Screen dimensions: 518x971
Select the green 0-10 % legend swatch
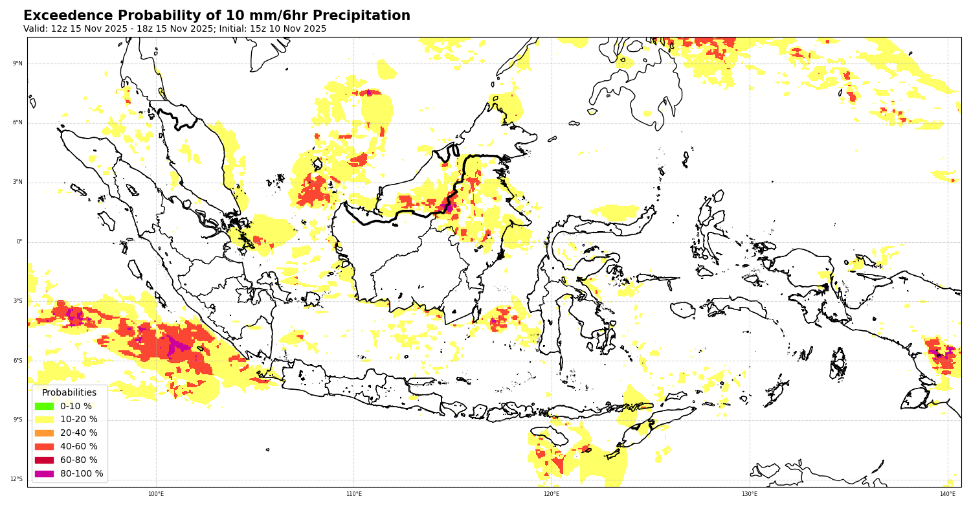[44, 406]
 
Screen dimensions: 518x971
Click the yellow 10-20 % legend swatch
[44, 420]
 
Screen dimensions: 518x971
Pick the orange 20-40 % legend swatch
[44, 433]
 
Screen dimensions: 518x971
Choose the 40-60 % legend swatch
[44, 447]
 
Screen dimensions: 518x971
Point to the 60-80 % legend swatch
[44, 460]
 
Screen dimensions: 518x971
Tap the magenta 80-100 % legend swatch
[44, 474]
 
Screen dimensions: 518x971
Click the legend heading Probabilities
[69, 392]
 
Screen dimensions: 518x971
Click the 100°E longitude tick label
[156, 494]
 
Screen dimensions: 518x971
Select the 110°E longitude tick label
[354, 494]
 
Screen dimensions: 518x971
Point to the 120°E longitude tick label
[552, 494]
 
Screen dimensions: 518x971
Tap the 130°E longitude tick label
[750, 494]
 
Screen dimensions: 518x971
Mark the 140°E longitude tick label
[948, 494]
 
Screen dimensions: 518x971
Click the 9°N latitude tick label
[17, 63]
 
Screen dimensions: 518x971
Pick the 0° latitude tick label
[19, 242]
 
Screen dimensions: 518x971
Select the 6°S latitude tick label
[17, 361]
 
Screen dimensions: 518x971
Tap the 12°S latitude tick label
[16, 479]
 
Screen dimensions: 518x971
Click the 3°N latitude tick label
[17, 182]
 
